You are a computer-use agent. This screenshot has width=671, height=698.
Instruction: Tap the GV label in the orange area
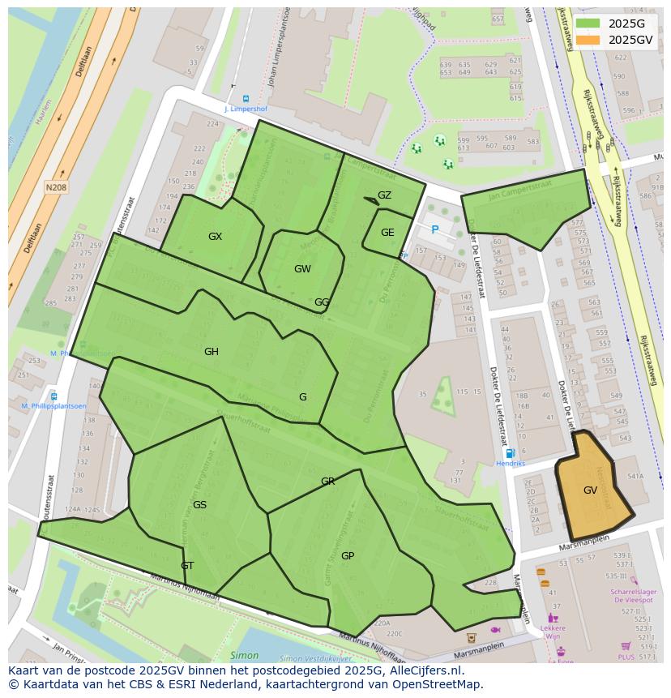tap(590, 490)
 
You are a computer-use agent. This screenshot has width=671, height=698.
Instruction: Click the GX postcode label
tap(215, 237)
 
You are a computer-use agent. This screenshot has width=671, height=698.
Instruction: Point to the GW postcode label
tap(302, 269)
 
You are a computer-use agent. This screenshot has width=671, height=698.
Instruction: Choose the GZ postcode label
tap(384, 195)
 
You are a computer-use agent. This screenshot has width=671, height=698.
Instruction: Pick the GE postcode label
tap(387, 233)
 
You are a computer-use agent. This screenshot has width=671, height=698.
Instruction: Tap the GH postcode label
tap(212, 352)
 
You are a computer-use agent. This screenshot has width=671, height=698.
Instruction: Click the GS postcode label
tap(199, 505)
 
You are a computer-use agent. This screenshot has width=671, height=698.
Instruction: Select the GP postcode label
tap(348, 556)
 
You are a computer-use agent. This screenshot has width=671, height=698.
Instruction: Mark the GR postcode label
tap(327, 482)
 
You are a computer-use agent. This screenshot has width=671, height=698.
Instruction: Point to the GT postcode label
tap(187, 566)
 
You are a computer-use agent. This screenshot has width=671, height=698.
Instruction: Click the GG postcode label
tap(322, 302)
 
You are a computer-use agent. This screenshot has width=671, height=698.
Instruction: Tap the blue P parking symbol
tap(435, 230)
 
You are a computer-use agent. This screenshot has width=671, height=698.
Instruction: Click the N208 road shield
tap(56, 187)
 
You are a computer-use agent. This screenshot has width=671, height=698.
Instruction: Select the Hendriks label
tap(511, 464)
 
